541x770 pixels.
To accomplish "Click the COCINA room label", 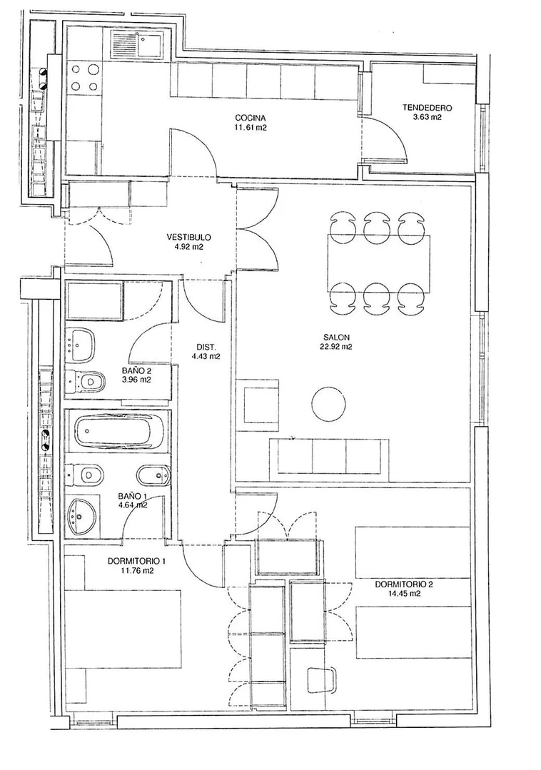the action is (251, 118).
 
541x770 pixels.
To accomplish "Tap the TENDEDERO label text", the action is (427, 108).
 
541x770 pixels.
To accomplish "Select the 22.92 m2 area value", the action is (336, 346).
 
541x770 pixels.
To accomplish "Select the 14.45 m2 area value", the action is (404, 593).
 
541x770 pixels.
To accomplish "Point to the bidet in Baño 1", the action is (153, 475).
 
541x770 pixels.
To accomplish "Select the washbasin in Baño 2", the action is (82, 344).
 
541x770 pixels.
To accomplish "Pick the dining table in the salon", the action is (378, 263).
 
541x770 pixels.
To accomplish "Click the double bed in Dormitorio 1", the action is (123, 629).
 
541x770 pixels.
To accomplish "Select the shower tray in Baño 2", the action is (93, 300).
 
